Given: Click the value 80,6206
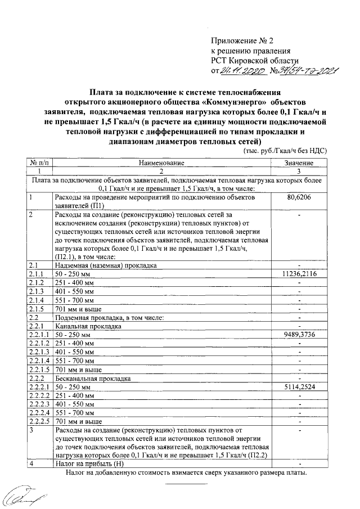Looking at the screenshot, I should pyautogui.click(x=299, y=198).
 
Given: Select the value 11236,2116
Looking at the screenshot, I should pyautogui.click(x=299, y=273).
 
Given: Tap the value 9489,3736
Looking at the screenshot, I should pyautogui.click(x=299, y=334).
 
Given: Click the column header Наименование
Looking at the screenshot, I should pyautogui.click(x=161, y=163).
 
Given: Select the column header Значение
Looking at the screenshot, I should pyautogui.click(x=299, y=163).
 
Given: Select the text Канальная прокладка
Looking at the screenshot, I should pyautogui.click(x=88, y=326).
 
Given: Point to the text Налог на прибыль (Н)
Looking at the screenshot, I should pyautogui.click(x=88, y=464).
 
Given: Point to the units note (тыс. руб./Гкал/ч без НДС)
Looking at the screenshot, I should pyautogui.click(x=284, y=151).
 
